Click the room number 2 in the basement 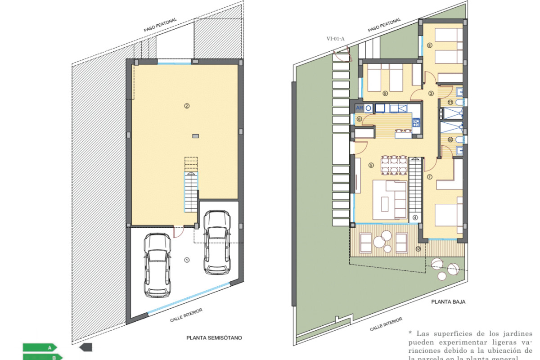click(186, 106)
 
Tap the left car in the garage click(157, 265)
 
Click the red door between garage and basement click(178, 231)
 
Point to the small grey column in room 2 click(195, 135)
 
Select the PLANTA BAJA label click(447, 302)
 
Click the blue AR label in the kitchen click(360, 108)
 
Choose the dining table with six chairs click(394, 165)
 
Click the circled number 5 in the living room click(371, 165)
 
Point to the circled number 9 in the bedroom click(385, 94)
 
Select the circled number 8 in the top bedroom click(429, 45)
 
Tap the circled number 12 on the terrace click(418, 248)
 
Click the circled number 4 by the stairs click(415, 217)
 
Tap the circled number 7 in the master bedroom click(429, 176)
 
